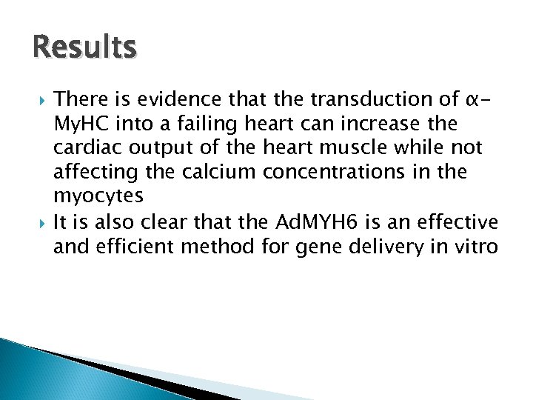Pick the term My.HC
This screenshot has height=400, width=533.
(x=79, y=123)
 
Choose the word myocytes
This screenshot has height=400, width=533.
(x=98, y=196)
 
